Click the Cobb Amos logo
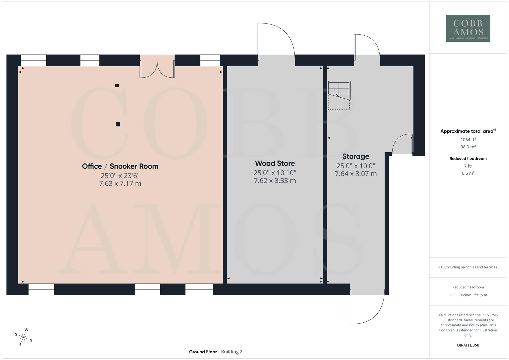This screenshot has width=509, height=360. pyautogui.click(x=468, y=28)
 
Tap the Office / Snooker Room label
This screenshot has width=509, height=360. pyautogui.click(x=120, y=166)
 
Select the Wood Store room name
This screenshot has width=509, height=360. pyautogui.click(x=275, y=163)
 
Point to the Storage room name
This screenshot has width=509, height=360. pyautogui.click(x=356, y=156)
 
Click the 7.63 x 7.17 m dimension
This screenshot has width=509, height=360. pyautogui.click(x=120, y=183)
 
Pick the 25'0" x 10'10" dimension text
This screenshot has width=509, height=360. pyautogui.click(x=275, y=173)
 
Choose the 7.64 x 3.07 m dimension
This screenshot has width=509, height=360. pyautogui.click(x=356, y=174)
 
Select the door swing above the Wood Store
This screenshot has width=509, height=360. pyautogui.click(x=276, y=40)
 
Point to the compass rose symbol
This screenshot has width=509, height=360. pyautogui.click(x=24, y=337)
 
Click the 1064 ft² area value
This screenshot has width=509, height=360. pyautogui.click(x=468, y=140)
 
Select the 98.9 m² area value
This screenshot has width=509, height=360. pyautogui.click(x=468, y=147)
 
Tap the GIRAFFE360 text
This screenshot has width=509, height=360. pyautogui.click(x=468, y=345)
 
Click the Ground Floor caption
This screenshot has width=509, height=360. pyautogui.click(x=203, y=352)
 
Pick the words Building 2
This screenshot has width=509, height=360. pyautogui.click(x=232, y=352)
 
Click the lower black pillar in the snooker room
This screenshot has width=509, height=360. pyautogui.click(x=118, y=124)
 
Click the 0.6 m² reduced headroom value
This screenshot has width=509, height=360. pyautogui.click(x=468, y=173)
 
